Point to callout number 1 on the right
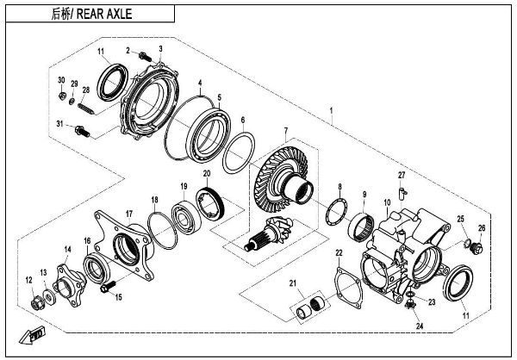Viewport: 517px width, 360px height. (333, 111)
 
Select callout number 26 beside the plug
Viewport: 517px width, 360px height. (482, 228)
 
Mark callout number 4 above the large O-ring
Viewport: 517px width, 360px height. (199, 84)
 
